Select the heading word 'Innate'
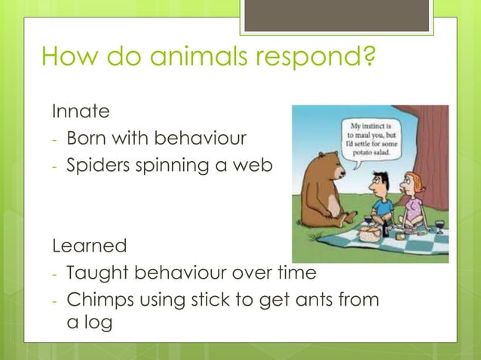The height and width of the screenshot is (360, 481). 81,111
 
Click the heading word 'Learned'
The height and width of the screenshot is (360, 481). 89,246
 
